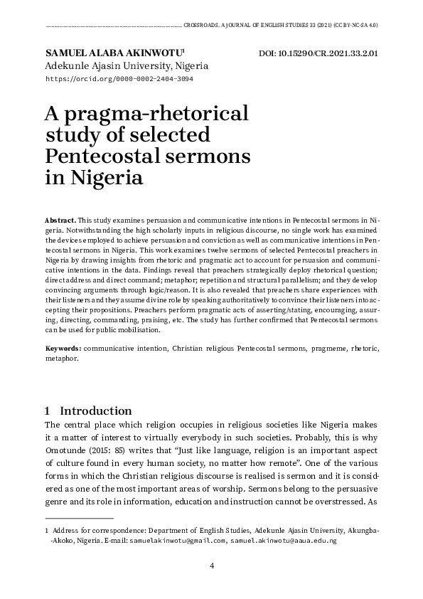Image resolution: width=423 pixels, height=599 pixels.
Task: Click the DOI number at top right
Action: (x=317, y=53)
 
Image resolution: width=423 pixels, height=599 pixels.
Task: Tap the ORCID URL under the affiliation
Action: (x=119, y=79)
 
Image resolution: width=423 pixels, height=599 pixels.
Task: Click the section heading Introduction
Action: (x=96, y=410)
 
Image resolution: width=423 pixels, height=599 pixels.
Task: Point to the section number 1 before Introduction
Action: (x=47, y=410)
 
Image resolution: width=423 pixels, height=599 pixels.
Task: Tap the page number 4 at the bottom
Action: (x=212, y=566)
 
